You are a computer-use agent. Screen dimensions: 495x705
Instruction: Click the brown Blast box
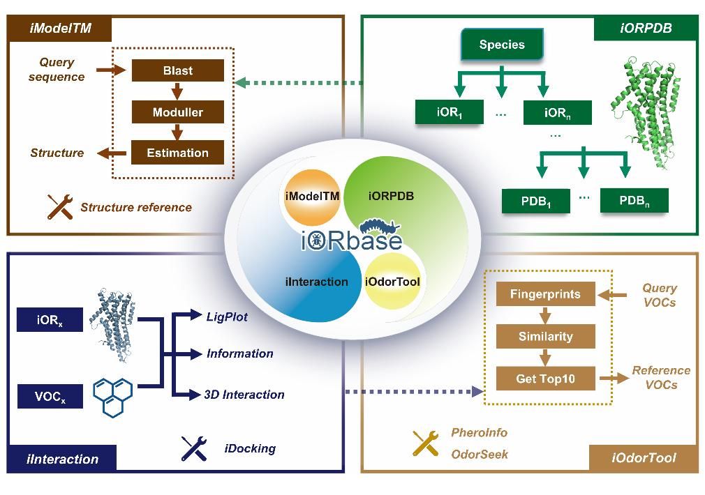coord(177,70)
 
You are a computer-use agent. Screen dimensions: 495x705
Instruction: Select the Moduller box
coord(177,112)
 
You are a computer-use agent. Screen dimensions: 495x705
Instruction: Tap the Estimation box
coord(177,153)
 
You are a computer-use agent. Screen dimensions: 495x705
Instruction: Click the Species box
coord(502,45)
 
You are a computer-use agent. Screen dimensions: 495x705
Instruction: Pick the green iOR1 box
coord(450,112)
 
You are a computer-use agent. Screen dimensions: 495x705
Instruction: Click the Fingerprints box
coord(545,294)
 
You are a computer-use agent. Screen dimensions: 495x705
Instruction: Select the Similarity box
coord(545,336)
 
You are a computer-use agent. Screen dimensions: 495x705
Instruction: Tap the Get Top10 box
coord(545,379)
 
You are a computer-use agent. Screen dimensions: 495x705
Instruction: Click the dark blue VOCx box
coord(50,397)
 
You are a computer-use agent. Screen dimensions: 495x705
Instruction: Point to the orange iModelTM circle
coord(312,196)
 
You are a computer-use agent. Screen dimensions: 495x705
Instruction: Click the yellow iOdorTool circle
coord(392,282)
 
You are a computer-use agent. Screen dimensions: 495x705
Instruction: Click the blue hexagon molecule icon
coord(112,396)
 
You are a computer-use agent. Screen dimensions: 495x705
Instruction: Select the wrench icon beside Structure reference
coord(60,206)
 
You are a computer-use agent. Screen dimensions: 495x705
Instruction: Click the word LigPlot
coord(227,317)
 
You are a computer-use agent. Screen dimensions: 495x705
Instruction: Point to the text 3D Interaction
coord(244,395)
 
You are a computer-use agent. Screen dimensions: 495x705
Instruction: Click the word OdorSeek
coord(480,454)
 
